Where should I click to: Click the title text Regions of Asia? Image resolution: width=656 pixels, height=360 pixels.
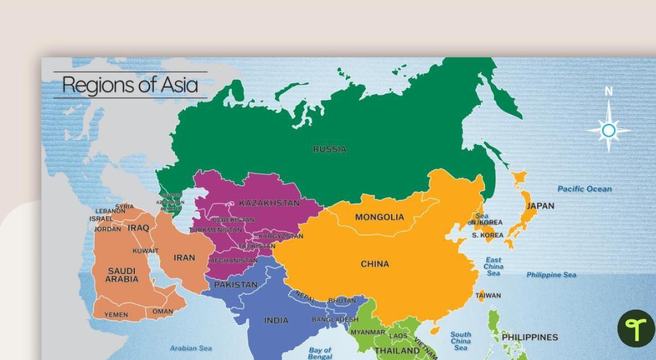point(130,85)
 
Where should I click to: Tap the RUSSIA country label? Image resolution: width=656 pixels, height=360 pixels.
point(330,149)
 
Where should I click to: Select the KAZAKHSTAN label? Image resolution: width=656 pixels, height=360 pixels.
point(269,203)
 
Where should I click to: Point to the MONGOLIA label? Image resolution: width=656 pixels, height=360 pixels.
point(380,217)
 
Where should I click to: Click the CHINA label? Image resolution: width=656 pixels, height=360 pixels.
point(375,264)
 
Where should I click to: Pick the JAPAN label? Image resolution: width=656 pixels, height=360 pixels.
point(540,206)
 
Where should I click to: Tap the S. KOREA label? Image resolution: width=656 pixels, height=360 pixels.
point(487,235)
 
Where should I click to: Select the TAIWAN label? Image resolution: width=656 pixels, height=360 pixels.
point(488,296)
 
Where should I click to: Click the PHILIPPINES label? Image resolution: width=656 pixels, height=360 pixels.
point(530,337)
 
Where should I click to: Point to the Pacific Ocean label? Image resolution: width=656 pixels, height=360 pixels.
point(584,189)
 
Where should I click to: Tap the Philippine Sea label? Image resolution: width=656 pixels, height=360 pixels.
point(551,275)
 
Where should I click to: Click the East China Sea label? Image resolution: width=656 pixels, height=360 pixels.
point(493,266)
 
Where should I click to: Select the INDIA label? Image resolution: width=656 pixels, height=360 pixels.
point(276,320)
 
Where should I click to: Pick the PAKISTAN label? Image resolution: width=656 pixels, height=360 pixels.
point(236,284)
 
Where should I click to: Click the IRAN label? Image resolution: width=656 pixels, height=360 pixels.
point(184,258)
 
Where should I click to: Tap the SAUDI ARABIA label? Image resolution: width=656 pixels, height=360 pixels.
point(122,275)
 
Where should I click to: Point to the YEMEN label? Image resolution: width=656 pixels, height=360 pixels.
point(116,315)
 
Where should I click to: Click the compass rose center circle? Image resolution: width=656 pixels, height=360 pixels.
point(609,131)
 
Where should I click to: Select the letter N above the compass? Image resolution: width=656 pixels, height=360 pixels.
point(609,92)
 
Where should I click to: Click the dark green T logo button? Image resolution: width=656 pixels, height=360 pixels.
point(636,328)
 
